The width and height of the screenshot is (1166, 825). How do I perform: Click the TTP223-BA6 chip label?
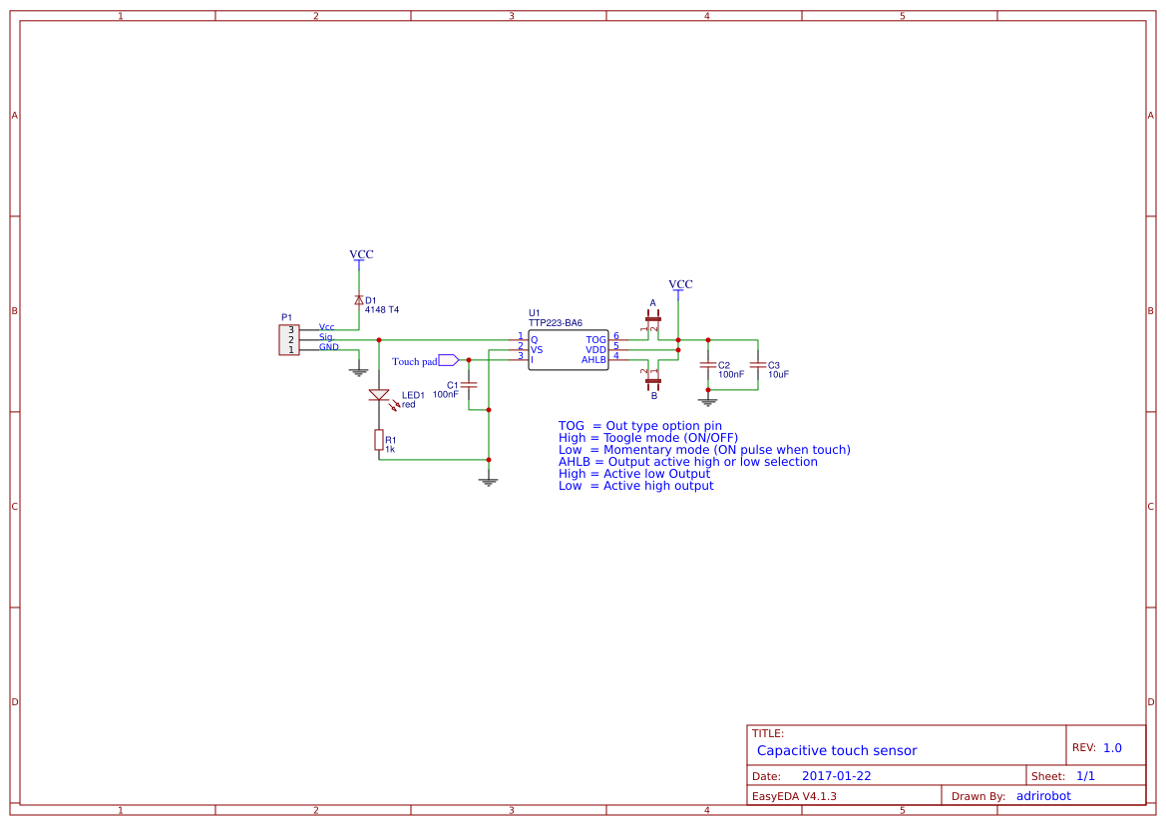[x=556, y=323]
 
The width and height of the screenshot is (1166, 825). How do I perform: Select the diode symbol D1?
[x=359, y=300]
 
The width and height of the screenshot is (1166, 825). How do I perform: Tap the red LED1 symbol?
[x=379, y=395]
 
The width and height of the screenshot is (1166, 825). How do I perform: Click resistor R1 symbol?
[x=379, y=440]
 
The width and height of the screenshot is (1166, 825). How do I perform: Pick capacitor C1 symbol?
[x=469, y=385]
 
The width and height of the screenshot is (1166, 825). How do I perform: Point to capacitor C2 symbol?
[x=708, y=365]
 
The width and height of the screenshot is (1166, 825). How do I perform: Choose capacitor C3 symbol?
[x=757, y=365]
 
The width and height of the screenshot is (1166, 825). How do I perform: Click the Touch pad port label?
[x=415, y=361]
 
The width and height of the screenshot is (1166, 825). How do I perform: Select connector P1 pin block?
[x=289, y=339]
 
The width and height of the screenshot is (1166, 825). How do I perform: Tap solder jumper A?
[x=653, y=320]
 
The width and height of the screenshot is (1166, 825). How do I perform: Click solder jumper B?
[x=653, y=379]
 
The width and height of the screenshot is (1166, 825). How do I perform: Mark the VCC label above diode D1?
[x=361, y=254]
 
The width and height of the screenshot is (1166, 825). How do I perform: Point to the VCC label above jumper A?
[x=680, y=284]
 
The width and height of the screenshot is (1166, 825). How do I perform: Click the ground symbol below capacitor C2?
[x=708, y=401]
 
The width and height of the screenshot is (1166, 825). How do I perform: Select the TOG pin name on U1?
[x=595, y=340]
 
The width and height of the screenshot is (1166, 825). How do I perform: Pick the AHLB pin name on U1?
[x=593, y=360]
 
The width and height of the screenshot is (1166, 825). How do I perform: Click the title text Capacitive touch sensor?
[x=836, y=750]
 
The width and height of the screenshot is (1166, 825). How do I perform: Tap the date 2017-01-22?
[x=836, y=776]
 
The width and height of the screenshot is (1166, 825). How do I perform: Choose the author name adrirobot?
[x=1042, y=796]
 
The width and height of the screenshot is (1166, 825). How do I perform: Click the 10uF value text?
[x=778, y=375]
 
